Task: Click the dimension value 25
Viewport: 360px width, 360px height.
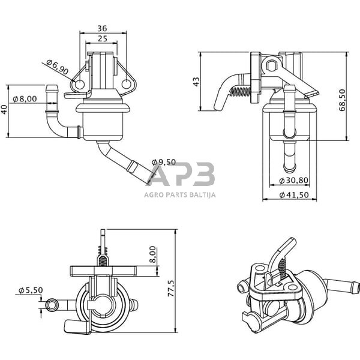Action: point(101,39)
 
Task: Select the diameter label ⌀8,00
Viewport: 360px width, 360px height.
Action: point(25,98)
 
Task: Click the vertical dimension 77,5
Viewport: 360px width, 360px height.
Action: point(171,287)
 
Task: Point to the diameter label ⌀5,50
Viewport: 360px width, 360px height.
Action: point(31,290)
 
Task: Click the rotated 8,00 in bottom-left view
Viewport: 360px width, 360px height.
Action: point(153,254)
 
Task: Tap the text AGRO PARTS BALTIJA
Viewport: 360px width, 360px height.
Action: point(180,194)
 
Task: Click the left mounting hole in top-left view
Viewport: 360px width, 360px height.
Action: point(79,85)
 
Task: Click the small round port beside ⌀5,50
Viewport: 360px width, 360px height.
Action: point(52,305)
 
